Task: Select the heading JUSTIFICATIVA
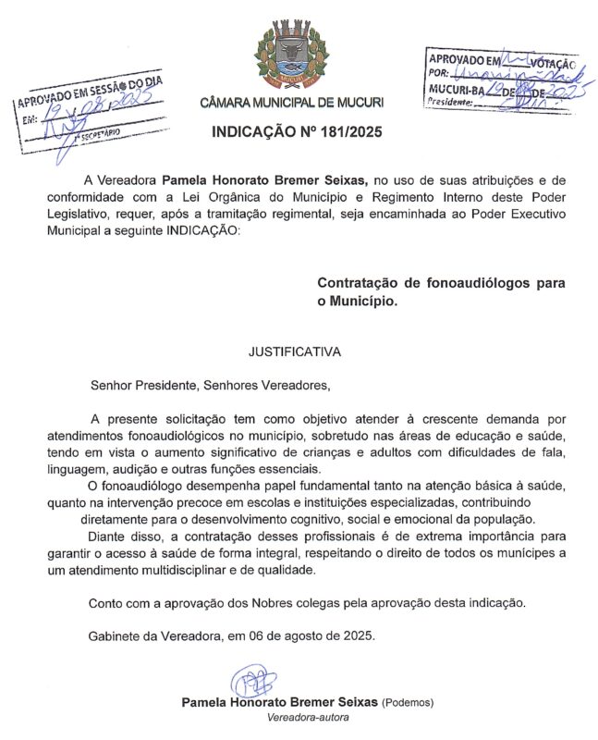coord(295,352)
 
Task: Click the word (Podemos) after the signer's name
coord(407,702)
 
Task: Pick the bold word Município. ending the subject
coord(364,302)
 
